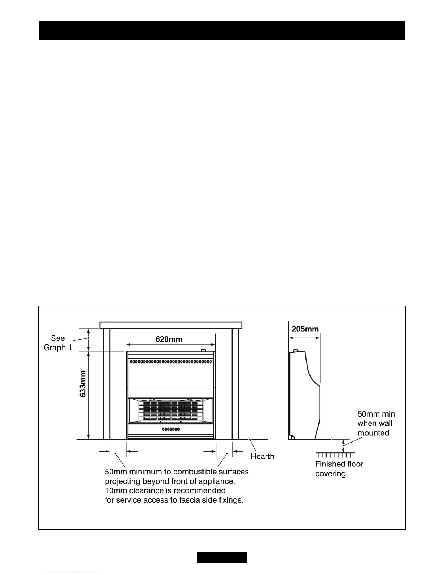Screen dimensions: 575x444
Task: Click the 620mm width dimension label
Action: pos(169,339)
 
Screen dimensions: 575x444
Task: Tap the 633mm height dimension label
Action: pos(83,384)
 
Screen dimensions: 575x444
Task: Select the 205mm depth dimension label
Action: pos(305,329)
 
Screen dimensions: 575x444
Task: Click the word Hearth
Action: pos(262,456)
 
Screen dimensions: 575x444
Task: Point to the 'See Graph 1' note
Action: pos(58,343)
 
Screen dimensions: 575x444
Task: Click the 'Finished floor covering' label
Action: pos(339,469)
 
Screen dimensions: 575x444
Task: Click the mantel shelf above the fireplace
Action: pos(171,325)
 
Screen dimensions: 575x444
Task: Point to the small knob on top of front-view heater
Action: pos(203,351)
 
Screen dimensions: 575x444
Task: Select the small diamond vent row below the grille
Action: pos(170,429)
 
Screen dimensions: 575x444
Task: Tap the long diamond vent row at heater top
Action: pos(170,362)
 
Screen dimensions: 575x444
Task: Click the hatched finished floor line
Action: pos(335,454)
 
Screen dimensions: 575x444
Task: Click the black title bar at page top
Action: pos(222,30)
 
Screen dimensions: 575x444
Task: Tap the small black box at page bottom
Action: pos(222,557)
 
